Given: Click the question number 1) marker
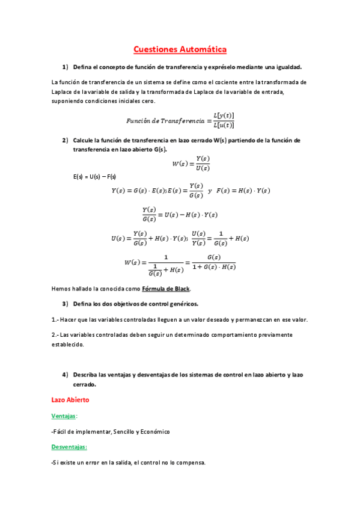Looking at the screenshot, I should click(x=66, y=67).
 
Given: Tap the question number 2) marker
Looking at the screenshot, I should click(x=66, y=140).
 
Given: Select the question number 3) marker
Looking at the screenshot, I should click(x=66, y=303).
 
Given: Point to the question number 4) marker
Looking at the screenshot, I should click(x=66, y=375).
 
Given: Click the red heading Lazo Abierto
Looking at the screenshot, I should click(x=70, y=399).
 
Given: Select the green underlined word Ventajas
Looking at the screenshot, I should click(x=64, y=416).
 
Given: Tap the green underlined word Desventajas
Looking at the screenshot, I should click(x=69, y=447).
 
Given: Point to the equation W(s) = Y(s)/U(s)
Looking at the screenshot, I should click(x=191, y=163).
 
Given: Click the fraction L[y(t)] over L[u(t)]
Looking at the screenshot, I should click(x=224, y=120).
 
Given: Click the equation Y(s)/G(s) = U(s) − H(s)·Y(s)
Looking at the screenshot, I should click(x=180, y=214).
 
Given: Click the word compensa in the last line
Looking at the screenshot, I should click(x=189, y=462).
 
